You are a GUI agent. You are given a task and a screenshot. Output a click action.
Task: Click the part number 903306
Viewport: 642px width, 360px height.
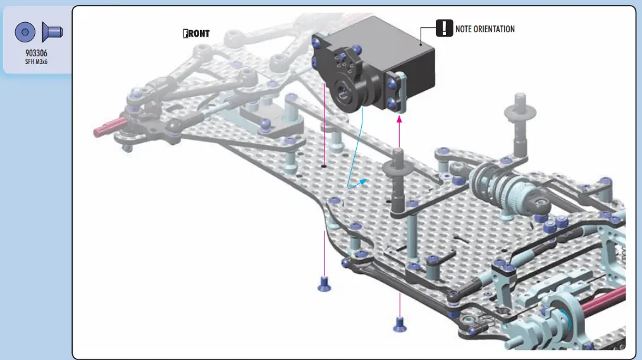pyautogui.click(x=36, y=54)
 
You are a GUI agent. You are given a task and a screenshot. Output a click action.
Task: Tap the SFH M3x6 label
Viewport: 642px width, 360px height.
pyautogui.click(x=36, y=62)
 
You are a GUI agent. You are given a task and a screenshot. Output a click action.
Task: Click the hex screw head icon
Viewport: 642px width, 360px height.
pyautogui.click(x=25, y=31)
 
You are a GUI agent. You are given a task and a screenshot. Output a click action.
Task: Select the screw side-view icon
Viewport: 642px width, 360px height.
pyautogui.click(x=50, y=31)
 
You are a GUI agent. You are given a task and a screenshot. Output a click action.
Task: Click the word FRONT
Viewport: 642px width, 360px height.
pyautogui.click(x=195, y=34)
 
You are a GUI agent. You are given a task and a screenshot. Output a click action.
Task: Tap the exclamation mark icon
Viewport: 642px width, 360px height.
pyautogui.click(x=445, y=28)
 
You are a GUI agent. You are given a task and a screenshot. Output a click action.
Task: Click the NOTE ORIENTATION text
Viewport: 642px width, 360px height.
pyautogui.click(x=485, y=29)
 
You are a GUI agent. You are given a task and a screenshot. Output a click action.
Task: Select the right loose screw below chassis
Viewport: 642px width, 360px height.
pyautogui.click(x=399, y=323)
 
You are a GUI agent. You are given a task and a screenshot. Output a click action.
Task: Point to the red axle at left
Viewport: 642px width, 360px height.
pyautogui.click(x=110, y=125)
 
